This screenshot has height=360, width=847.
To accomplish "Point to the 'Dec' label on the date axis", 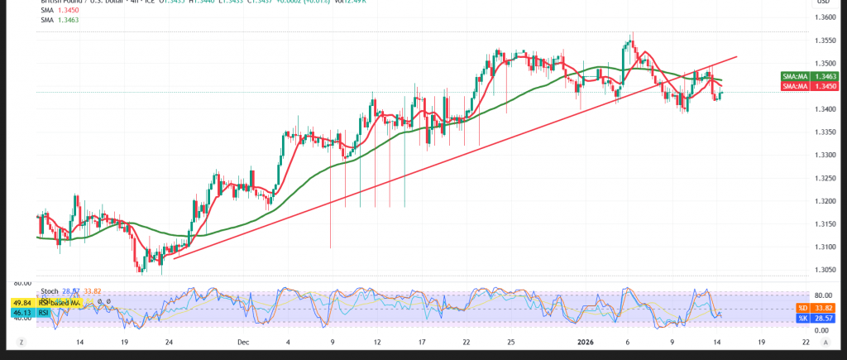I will pyautogui.click(x=242, y=342).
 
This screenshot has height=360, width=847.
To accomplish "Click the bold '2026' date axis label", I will pyautogui.click(x=583, y=342).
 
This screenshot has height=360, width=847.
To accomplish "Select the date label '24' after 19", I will pyautogui.click(x=169, y=342).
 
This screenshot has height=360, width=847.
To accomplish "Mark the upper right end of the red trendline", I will pyautogui.click(x=736, y=57).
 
